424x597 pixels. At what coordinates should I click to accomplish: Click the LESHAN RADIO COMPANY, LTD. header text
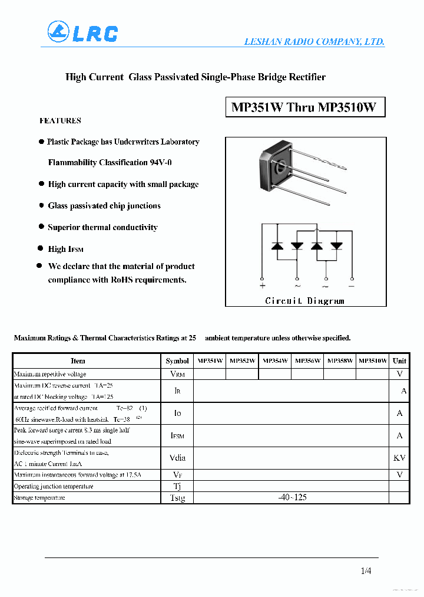click(x=314, y=41)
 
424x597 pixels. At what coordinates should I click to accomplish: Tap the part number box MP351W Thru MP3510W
click(x=304, y=107)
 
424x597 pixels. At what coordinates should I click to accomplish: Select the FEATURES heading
click(x=60, y=120)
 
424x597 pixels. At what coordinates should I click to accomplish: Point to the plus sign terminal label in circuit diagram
click(x=263, y=286)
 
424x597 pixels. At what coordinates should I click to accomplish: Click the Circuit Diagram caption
click(x=304, y=301)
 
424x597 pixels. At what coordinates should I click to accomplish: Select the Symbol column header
click(x=177, y=360)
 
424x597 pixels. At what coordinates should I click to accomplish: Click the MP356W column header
click(x=307, y=360)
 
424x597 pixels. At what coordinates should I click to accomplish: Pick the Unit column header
click(x=399, y=360)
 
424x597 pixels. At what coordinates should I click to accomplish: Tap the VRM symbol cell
click(x=177, y=374)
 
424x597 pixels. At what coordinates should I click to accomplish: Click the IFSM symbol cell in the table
click(x=177, y=435)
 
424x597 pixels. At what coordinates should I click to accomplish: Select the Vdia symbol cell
click(x=177, y=457)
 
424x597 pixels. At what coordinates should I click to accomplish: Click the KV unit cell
click(x=399, y=457)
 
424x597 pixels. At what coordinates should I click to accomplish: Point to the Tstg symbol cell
click(x=177, y=498)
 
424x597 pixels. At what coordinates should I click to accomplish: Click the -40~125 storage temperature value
click(x=292, y=497)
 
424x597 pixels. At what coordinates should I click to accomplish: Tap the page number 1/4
click(x=366, y=570)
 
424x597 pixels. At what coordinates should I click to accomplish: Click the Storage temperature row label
click(x=39, y=498)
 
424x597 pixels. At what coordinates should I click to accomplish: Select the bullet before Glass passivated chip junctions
click(x=41, y=205)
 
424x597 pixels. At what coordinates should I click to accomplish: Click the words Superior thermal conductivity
click(x=102, y=227)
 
